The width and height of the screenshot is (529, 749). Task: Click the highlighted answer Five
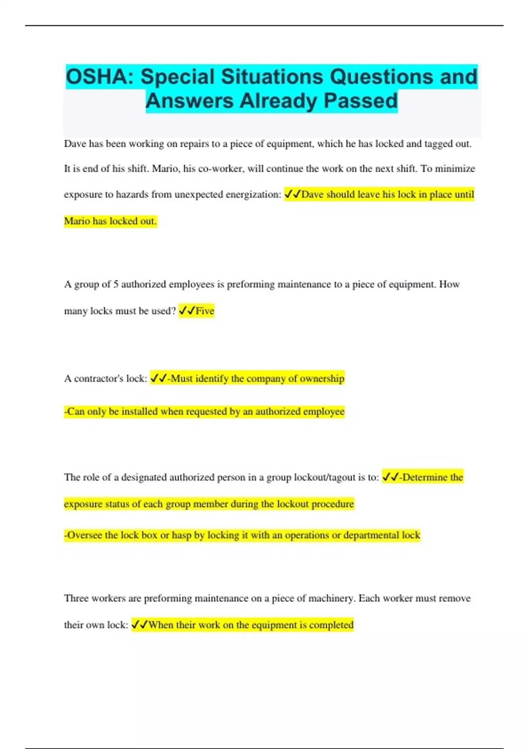pyautogui.click(x=205, y=311)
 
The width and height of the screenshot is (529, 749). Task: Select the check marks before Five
pyautogui.click(x=187, y=311)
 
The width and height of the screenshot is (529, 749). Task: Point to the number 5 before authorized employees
pyautogui.click(x=115, y=285)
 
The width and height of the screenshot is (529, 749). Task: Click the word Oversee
pyautogui.click(x=85, y=535)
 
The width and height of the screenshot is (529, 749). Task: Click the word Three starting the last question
pyautogui.click(x=78, y=598)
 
